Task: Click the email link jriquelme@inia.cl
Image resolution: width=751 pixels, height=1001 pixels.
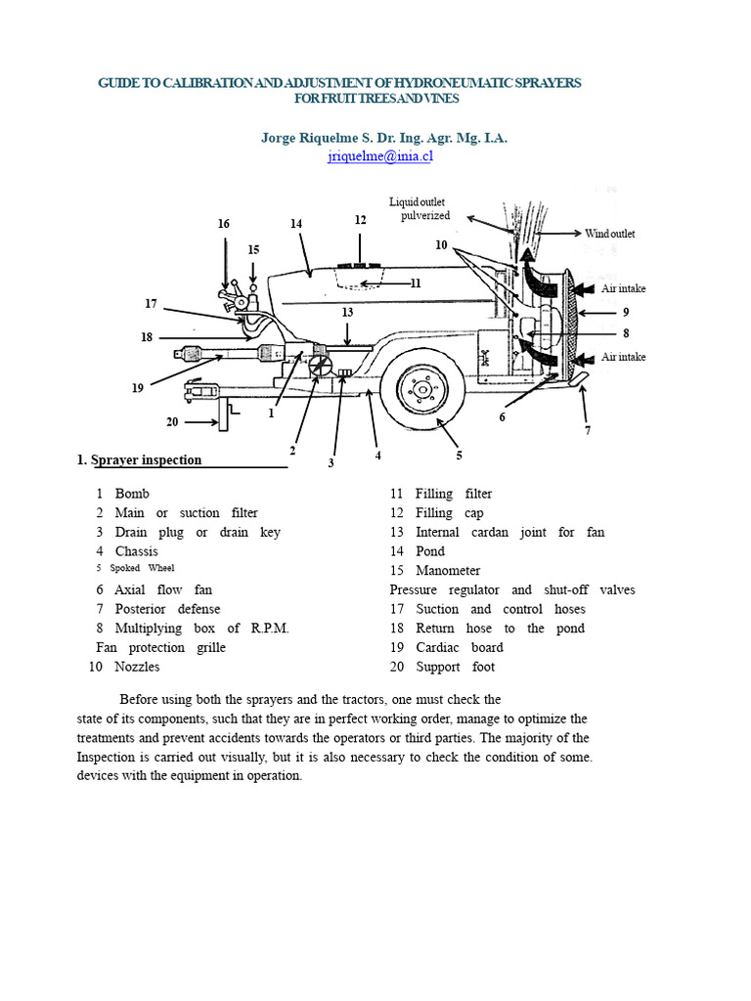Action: click(x=379, y=155)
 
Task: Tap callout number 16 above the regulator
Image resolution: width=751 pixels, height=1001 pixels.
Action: click(x=224, y=224)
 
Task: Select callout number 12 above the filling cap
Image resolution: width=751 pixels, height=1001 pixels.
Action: click(x=360, y=220)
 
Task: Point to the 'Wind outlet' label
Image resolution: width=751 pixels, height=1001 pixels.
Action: click(x=610, y=234)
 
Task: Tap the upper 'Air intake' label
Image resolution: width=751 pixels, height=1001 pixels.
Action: click(x=623, y=288)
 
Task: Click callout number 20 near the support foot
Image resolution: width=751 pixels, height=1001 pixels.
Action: click(x=172, y=422)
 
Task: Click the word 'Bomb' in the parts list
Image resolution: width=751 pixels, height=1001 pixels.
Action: click(x=132, y=494)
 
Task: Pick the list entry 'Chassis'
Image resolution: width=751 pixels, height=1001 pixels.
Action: click(x=136, y=551)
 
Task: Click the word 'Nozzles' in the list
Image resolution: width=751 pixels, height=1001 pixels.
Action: click(x=137, y=667)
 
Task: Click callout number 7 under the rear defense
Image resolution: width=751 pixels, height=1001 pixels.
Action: click(x=588, y=429)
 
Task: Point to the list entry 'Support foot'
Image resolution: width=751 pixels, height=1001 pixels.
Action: click(x=455, y=667)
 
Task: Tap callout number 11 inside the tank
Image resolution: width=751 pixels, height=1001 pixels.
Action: click(x=416, y=283)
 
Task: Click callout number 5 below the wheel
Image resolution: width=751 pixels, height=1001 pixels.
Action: click(x=459, y=455)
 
